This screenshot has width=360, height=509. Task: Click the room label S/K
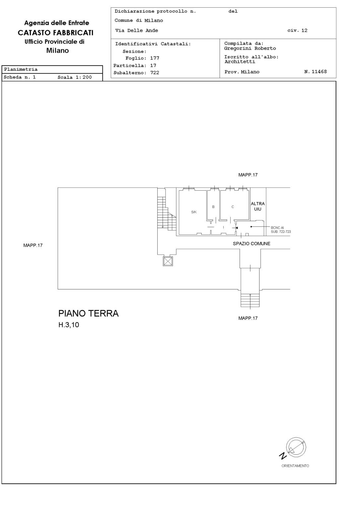coord(194,212)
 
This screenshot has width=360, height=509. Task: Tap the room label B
coord(213,207)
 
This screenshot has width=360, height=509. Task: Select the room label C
coord(233,207)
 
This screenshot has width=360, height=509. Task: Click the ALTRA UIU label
coord(258,206)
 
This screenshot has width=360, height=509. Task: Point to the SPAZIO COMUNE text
coord(252,244)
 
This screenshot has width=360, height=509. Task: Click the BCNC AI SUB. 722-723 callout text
coord(281,230)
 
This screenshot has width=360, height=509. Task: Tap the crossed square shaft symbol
coord(168,261)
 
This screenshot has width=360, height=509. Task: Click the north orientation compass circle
coord(296,447)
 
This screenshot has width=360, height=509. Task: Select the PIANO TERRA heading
coord(89,314)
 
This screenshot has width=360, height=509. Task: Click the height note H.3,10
coord(69,325)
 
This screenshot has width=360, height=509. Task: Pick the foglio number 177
coord(155,58)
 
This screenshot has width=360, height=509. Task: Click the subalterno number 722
coord(155,73)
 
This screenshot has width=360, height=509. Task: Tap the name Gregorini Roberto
coord(250,48)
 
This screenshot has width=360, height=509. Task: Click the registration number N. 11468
coord(316,72)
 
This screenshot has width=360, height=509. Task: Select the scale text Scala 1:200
coord(75,77)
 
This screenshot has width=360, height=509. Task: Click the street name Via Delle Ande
coord(136,31)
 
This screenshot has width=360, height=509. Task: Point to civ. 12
coord(297,31)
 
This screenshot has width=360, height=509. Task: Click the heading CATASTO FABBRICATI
coord(56,33)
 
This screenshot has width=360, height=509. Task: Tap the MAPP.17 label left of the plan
coord(33,245)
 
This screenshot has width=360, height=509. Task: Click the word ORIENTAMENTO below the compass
coord(295,466)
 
